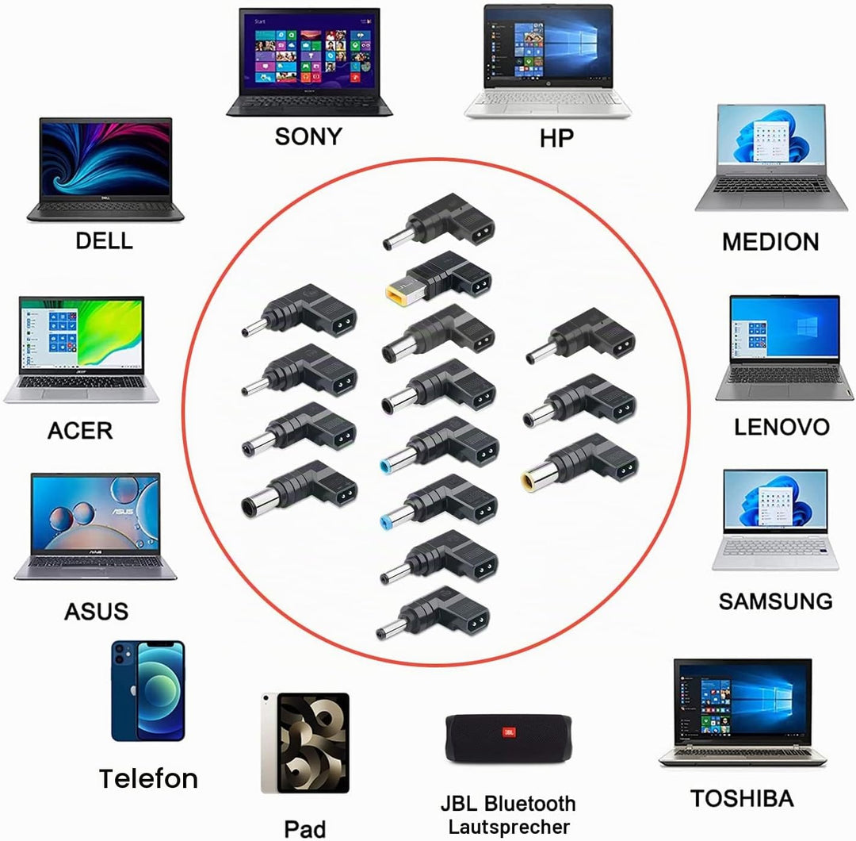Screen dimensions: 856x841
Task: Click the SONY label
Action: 308,136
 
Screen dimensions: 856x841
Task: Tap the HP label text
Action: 557,138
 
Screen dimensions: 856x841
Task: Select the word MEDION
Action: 770,242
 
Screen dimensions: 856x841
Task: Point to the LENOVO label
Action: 781,428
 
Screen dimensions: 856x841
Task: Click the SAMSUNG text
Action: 775,601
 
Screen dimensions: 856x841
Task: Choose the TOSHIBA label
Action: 742,799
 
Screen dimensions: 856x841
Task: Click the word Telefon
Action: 148,778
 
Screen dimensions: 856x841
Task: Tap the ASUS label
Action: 97,612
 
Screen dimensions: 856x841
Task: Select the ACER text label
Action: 80,431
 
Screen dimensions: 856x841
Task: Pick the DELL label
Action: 105,241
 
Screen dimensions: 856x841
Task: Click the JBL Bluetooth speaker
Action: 508,739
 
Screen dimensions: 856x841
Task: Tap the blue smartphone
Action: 148,691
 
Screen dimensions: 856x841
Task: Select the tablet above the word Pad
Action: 305,743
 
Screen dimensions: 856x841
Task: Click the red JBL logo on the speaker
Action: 509,732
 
